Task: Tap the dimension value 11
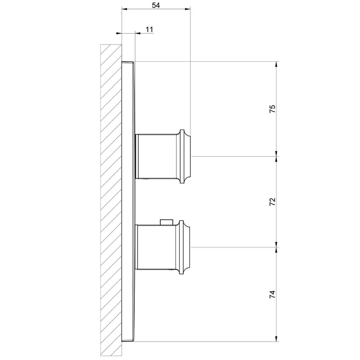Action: (x=149, y=29)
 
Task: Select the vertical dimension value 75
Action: (x=273, y=108)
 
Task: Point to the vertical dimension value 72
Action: (x=273, y=202)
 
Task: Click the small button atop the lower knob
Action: (x=166, y=222)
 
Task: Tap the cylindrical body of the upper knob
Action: (x=157, y=156)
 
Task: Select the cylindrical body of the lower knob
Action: (x=157, y=247)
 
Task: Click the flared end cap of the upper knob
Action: (x=186, y=156)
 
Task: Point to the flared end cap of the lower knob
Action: (x=186, y=247)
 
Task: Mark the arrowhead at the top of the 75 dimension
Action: (x=277, y=65)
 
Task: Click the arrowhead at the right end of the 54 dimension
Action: (x=188, y=8)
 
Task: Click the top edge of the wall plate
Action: (x=127, y=62)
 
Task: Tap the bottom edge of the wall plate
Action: (x=127, y=341)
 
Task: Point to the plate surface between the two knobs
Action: (x=129, y=202)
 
